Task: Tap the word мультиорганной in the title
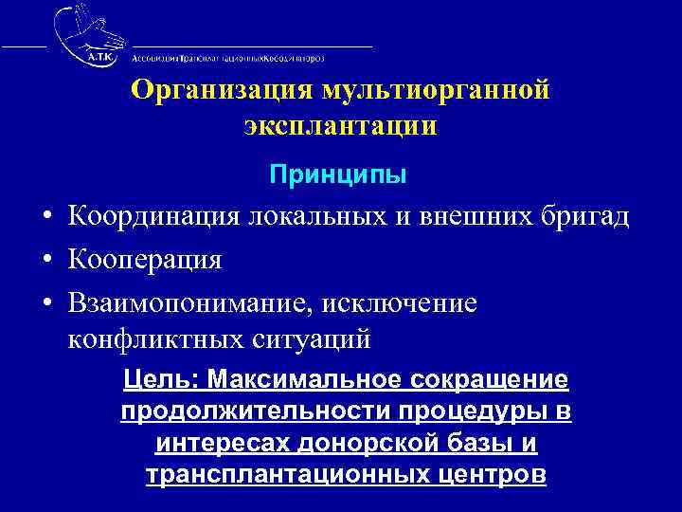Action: [x=437, y=91]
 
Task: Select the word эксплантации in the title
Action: [x=340, y=126]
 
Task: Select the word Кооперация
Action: [x=145, y=259]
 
